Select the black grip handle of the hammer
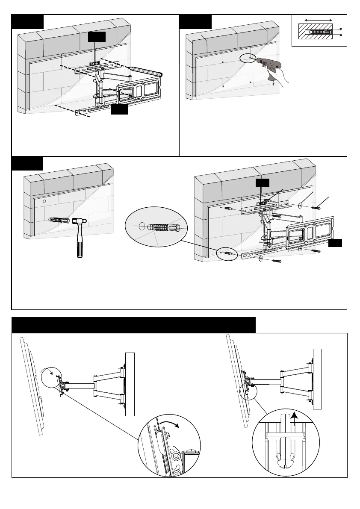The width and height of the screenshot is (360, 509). click(80, 246)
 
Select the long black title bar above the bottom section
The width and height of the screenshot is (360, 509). click(134, 325)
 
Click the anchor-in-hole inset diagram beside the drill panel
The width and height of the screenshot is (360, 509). click(318, 31)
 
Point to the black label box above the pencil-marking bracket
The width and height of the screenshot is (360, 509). click(97, 37)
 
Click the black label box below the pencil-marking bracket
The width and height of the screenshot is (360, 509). click(119, 110)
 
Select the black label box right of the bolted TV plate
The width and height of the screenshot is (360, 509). click(336, 243)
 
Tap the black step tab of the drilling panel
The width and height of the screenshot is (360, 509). click(195, 22)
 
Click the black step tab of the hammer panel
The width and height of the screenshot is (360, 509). click(27, 164)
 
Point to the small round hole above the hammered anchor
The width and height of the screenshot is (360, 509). click(44, 200)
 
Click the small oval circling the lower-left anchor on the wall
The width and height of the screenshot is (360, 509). click(227, 252)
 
